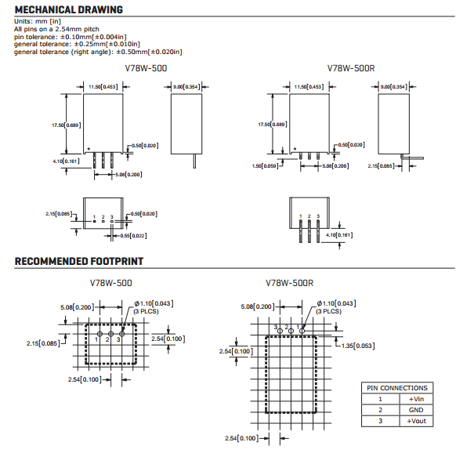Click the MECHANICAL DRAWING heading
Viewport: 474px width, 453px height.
click(x=68, y=9)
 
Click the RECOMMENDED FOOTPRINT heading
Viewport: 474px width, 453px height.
click(x=78, y=261)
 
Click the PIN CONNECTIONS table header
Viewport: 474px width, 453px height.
click(x=397, y=387)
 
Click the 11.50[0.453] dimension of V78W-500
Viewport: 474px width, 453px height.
click(x=103, y=87)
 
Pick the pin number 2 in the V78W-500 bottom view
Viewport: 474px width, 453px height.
click(x=103, y=216)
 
